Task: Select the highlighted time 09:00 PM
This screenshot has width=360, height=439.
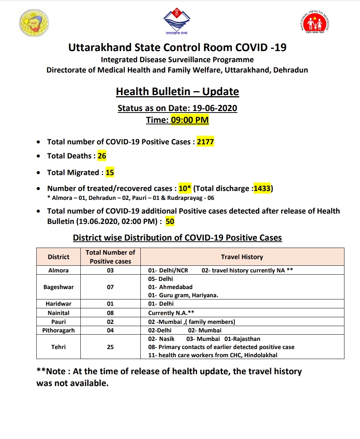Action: coord(190,120)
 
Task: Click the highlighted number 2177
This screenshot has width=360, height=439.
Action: coord(206,142)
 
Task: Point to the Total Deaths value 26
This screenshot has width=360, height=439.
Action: coord(102,156)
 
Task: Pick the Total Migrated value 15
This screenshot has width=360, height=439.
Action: coord(110,172)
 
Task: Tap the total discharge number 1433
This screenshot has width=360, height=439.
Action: coord(262,188)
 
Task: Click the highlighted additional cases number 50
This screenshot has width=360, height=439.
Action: coord(170,222)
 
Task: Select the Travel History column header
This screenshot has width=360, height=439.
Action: coord(242,257)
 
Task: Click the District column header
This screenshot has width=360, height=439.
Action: coord(59,257)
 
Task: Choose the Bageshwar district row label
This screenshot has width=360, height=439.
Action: coord(59,287)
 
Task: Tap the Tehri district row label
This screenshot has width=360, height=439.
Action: coord(59,347)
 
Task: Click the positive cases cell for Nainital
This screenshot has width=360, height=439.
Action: coord(110,313)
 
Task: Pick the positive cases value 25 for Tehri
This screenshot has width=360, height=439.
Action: coord(110,347)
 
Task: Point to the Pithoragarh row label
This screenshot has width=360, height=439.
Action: coord(59,330)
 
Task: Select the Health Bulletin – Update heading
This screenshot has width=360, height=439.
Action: coord(177,91)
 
